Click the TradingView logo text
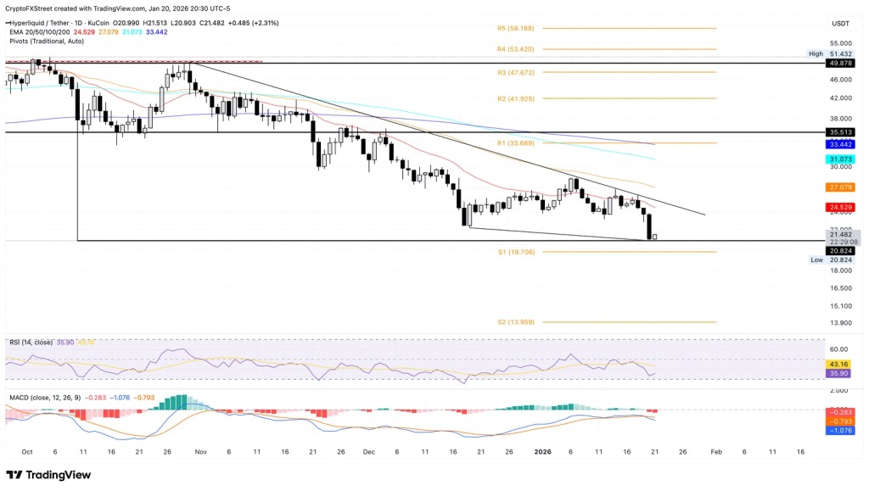click(49, 475)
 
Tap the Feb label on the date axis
click(716, 452)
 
